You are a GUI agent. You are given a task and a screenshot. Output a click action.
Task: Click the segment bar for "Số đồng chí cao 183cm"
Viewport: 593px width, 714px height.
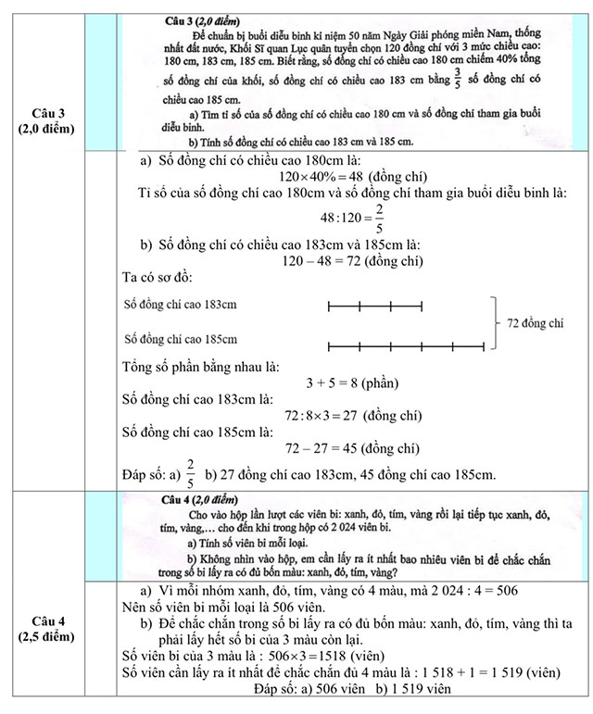(x=375, y=305)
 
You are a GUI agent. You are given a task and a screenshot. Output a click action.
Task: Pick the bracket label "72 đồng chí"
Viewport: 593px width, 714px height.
(x=536, y=325)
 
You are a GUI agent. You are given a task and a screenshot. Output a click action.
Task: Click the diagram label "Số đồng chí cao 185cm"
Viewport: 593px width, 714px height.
(x=180, y=339)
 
